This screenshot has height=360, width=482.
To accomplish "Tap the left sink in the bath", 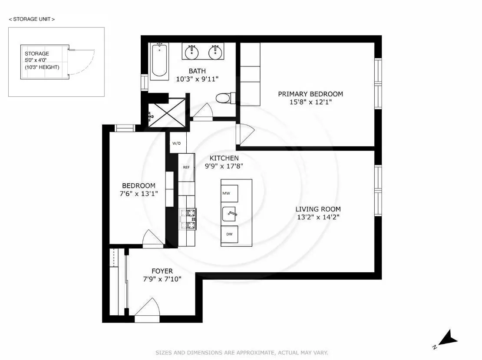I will coord(192,53).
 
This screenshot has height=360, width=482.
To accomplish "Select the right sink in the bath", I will coord(215,53).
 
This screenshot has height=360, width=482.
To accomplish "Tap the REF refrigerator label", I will coord(186,167).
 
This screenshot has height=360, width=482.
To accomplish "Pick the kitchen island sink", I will coord(230,214).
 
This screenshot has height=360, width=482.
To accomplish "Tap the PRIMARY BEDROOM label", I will coord(310,94).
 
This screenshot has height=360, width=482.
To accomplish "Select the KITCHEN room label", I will coord(224,158).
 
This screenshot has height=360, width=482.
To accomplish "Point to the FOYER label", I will coord(162,271).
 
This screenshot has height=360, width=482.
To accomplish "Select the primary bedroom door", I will coord(244,135).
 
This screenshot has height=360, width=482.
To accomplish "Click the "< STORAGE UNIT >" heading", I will coord(32,19).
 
